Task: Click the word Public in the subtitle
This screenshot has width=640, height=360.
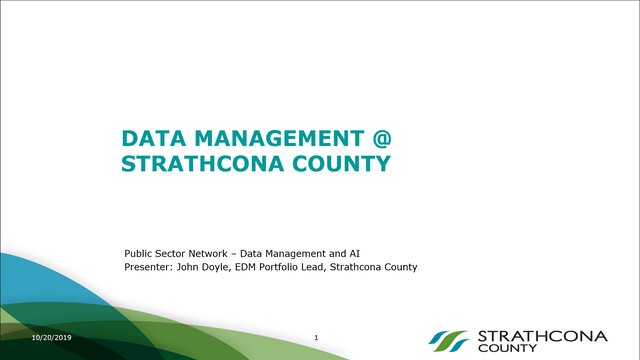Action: click(139, 254)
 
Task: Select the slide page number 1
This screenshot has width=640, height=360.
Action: click(316, 338)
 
